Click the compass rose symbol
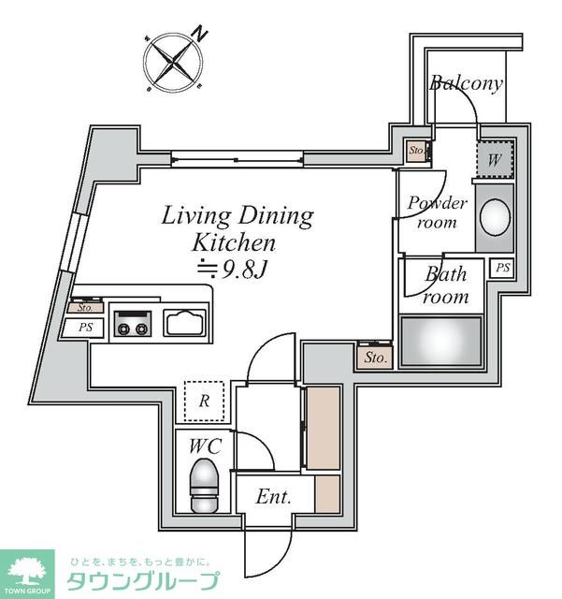click(173, 63)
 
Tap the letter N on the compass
click(200, 34)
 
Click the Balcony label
click(466, 83)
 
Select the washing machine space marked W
click(495, 159)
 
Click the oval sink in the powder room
click(495, 216)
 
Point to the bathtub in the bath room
click(441, 341)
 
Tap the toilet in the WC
click(205, 485)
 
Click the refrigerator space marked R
click(204, 401)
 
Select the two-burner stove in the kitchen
click(132, 324)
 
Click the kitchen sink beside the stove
click(185, 323)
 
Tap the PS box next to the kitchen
click(83, 328)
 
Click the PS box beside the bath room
click(502, 268)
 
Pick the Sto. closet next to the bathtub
click(375, 358)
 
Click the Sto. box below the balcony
click(416, 151)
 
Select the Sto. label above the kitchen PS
click(85, 308)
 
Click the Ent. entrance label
click(273, 497)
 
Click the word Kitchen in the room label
click(233, 242)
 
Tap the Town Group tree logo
click(27, 574)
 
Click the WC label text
click(206, 446)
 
